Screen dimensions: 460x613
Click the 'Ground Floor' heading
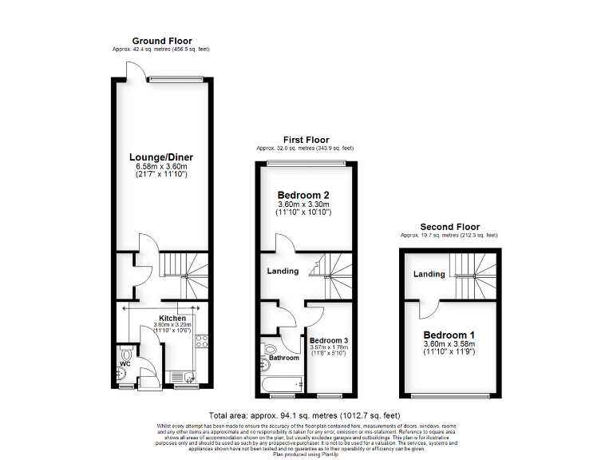point(162,41)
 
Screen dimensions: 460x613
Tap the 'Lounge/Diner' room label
point(162,157)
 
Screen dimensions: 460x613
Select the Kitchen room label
point(172,318)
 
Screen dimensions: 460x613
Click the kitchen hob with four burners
point(202,342)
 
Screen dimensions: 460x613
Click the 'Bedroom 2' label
point(303,195)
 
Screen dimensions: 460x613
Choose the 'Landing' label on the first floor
point(283,271)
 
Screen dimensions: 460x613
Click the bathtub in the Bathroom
point(281,383)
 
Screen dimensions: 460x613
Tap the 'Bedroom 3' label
point(329,340)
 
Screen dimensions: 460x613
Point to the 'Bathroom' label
point(284,359)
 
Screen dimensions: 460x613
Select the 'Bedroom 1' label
point(449,335)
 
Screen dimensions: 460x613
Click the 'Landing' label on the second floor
point(429,275)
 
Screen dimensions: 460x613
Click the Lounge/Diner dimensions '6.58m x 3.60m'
point(162,165)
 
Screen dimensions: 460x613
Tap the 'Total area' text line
point(303,415)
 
